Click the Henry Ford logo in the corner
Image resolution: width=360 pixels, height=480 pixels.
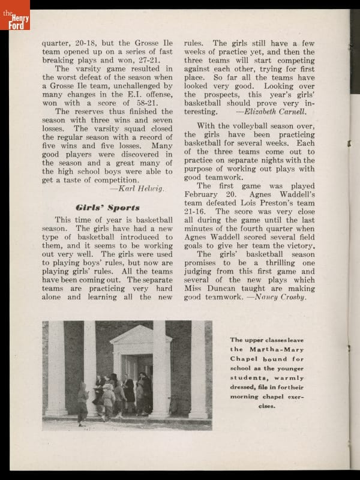15,14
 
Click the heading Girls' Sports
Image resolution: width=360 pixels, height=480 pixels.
108,208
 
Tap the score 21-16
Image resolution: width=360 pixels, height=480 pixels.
196,212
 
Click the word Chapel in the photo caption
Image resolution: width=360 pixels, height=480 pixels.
246,359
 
